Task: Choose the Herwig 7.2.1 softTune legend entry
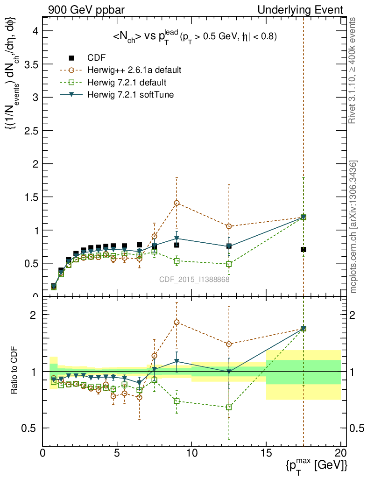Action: pyautogui.click(x=130, y=95)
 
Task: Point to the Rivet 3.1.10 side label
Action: pyautogui.click(x=353, y=70)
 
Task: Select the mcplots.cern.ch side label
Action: pyautogui.click(x=353, y=227)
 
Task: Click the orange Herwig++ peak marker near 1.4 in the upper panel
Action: pyautogui.click(x=176, y=203)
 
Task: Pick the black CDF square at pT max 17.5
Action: pyautogui.click(x=303, y=250)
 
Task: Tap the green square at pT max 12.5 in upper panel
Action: pyautogui.click(x=229, y=264)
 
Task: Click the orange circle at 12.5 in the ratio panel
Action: pyautogui.click(x=229, y=344)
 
